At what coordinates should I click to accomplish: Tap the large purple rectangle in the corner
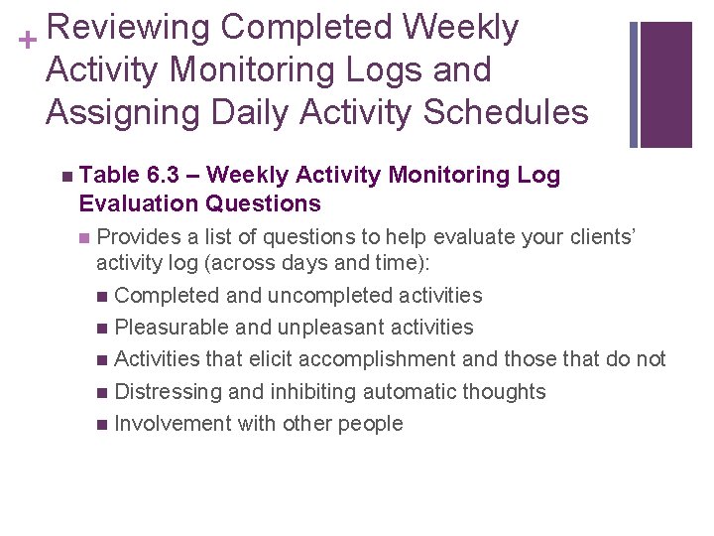[666, 84]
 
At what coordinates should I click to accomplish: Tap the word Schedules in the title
[506, 112]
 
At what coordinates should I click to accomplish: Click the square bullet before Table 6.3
[65, 177]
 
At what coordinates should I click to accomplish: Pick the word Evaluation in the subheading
[133, 204]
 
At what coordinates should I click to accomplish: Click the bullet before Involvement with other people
[104, 425]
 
